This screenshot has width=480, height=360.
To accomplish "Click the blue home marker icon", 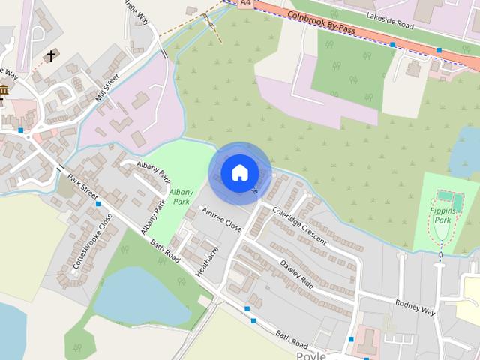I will [x=239, y=172].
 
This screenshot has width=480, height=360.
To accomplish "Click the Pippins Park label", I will [x=443, y=216].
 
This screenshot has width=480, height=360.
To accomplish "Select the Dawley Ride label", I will [x=295, y=274].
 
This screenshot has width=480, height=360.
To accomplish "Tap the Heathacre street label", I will [x=206, y=262].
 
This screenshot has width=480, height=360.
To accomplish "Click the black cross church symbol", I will [x=51, y=56].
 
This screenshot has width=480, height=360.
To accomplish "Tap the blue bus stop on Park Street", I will [x=97, y=203].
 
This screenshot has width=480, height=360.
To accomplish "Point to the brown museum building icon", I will [x=4, y=91].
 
